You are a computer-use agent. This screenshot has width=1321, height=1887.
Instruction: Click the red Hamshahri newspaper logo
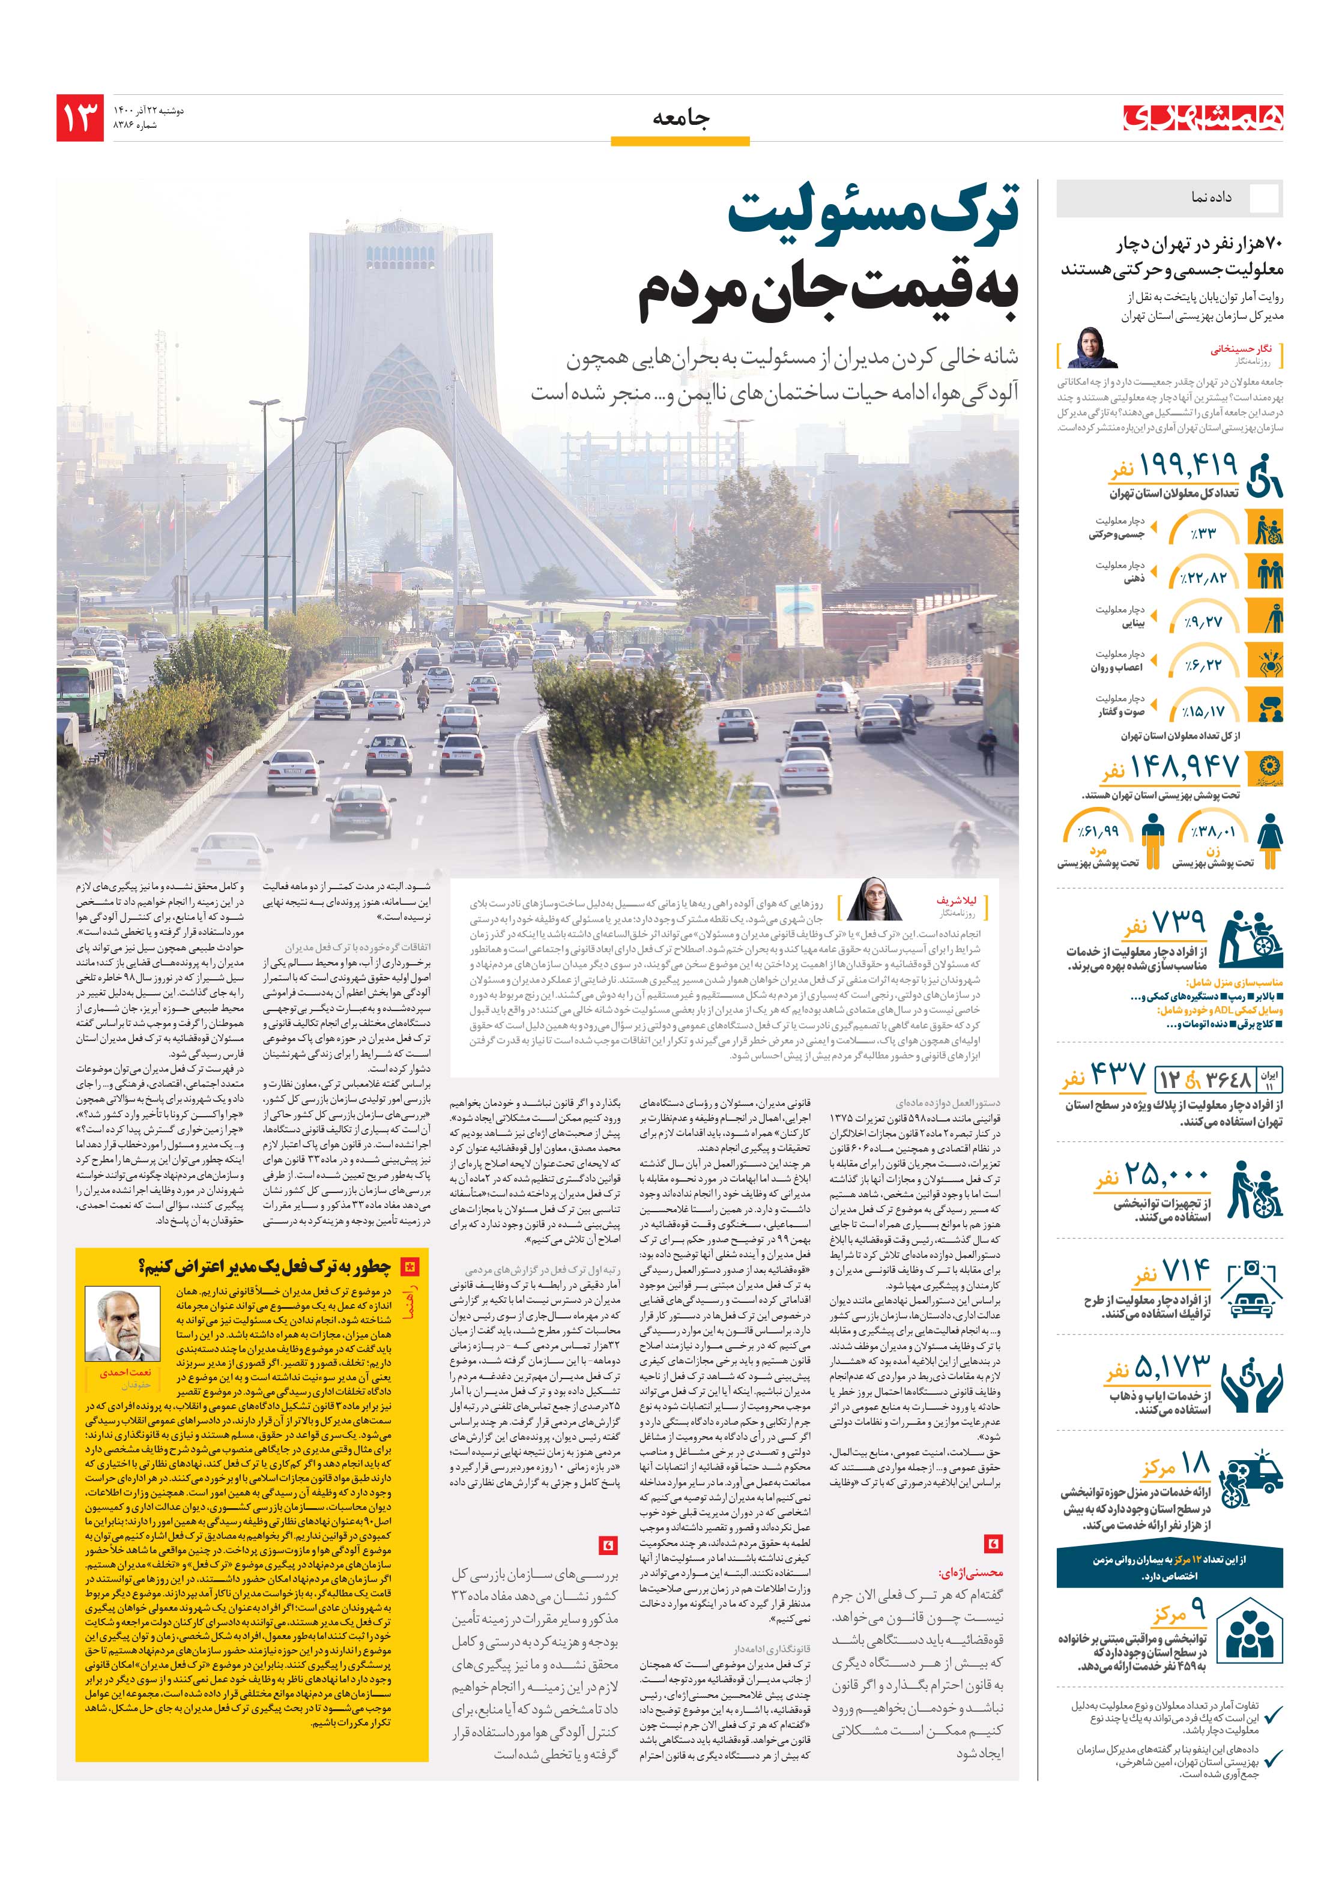1203,118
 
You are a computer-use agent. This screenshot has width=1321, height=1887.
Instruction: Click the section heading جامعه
680,118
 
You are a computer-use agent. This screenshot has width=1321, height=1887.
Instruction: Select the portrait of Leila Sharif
877,900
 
